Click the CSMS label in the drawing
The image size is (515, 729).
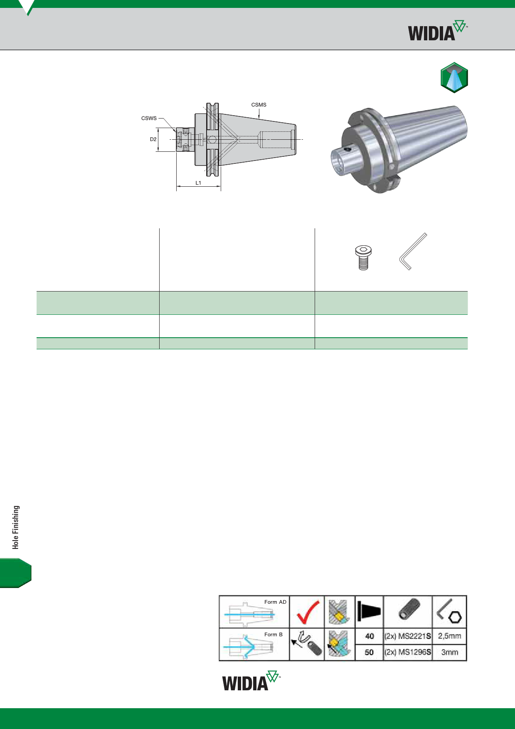(x=259, y=105)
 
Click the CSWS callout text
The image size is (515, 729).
(x=149, y=118)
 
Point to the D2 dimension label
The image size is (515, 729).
(x=153, y=139)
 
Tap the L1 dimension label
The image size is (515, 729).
(x=198, y=183)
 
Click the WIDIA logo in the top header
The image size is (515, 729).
(x=437, y=30)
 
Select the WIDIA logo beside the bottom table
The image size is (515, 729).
(x=251, y=681)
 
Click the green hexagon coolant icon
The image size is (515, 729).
(x=454, y=78)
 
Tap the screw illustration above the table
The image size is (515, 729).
(x=363, y=257)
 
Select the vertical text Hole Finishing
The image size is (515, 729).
(x=16, y=527)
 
